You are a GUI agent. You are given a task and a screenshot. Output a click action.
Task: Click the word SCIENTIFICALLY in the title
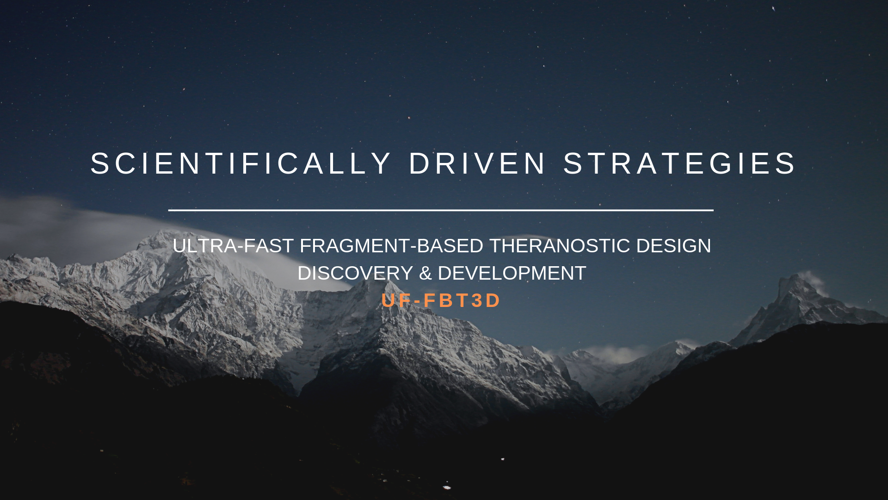tap(240, 163)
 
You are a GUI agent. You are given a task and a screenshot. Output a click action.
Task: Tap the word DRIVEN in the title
tap(477, 163)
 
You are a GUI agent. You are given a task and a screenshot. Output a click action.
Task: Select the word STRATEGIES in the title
tap(679, 163)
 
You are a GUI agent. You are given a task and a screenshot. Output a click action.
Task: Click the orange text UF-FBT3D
tap(441, 300)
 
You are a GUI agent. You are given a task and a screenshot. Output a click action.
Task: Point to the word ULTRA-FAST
tap(234, 246)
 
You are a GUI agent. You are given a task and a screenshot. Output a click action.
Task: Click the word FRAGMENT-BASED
tap(392, 246)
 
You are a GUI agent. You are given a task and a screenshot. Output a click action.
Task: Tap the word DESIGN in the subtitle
tap(674, 246)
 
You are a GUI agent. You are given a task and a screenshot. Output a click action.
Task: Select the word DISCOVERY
tap(355, 273)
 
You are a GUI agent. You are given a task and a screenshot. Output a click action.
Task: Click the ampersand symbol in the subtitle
tap(425, 273)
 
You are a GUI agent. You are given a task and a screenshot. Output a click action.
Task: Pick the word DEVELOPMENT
tap(512, 273)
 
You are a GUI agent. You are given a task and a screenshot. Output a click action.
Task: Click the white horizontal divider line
tap(441, 210)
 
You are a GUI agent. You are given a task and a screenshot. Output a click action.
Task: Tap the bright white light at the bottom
tap(447, 487)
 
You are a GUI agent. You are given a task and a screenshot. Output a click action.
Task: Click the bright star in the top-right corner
tap(773, 8)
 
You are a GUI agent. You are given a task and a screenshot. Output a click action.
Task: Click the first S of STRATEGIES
tap(573, 163)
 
